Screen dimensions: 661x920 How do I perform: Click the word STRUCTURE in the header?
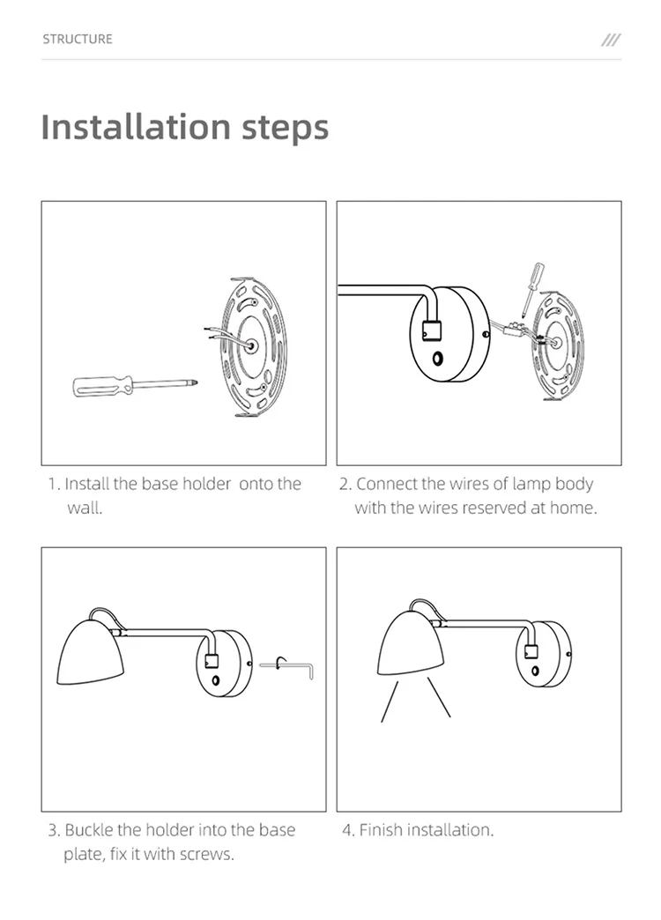point(77,40)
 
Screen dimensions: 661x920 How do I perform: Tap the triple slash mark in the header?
point(611,40)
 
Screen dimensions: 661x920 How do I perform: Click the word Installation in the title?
point(136,126)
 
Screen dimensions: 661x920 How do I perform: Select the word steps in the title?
point(286,128)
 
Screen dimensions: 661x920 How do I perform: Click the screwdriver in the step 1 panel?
point(135,385)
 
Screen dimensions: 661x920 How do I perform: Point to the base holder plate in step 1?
point(253,346)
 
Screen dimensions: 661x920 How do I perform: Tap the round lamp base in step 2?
point(449,335)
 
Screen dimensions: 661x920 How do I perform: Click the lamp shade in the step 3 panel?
point(90,651)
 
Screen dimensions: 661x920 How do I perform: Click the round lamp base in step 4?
point(544,654)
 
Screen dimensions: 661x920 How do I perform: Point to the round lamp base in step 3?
point(224,664)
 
